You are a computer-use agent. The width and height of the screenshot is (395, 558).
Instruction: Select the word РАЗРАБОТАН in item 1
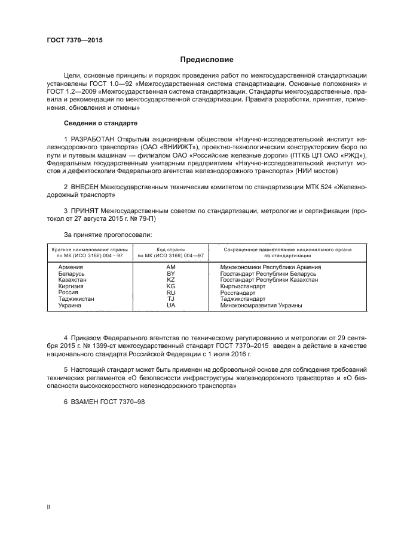91,139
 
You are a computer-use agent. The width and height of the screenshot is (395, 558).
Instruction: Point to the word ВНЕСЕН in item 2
85,187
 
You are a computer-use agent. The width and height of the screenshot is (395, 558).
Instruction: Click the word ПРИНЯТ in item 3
84,211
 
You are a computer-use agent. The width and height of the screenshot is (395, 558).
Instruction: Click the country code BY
170,274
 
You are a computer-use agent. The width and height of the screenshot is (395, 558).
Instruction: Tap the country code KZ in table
170,280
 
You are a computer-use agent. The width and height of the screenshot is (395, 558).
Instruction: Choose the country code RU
170,293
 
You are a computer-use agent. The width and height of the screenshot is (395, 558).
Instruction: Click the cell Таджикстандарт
245,299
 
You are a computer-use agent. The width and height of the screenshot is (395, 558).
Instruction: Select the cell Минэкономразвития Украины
261,306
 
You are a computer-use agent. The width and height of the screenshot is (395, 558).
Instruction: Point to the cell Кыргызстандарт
243,286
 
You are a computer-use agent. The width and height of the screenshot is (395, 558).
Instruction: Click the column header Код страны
170,249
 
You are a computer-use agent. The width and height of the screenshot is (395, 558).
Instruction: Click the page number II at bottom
49,507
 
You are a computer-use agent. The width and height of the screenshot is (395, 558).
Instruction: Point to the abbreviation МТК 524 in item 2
308,187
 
